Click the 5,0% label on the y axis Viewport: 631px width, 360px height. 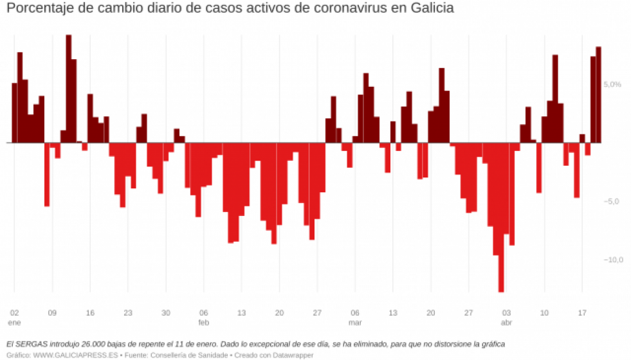[612, 84]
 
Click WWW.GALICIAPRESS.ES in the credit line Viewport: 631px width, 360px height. [67, 354]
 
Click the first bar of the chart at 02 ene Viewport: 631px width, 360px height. [14, 113]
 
